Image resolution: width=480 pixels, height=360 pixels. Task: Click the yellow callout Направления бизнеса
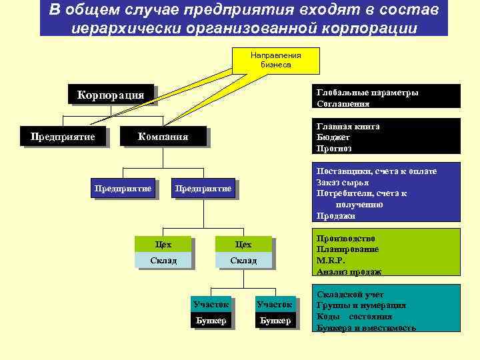tap(276, 60)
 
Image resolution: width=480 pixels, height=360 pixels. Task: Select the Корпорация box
tap(111, 95)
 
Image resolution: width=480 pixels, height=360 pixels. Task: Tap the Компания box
tap(163, 137)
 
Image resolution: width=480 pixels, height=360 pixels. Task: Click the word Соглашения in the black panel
tap(344, 104)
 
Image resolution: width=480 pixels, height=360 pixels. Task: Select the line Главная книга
tap(349, 126)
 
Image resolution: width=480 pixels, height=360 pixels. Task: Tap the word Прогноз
tap(335, 149)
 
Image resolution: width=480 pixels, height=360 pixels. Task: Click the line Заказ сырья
tap(343, 183)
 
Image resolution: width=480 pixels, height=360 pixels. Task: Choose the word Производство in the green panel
tap(346, 238)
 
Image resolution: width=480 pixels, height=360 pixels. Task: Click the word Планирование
tap(348, 249)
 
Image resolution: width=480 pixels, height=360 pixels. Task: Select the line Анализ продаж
tap(349, 271)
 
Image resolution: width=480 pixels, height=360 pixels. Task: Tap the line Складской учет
tap(351, 294)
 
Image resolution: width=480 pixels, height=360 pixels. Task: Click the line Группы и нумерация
tap(360, 305)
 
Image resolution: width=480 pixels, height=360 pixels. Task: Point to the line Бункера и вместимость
tap(367, 328)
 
